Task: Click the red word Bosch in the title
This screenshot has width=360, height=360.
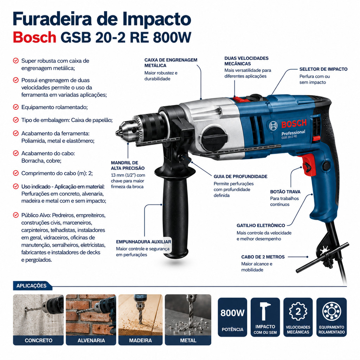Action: (x=35, y=37)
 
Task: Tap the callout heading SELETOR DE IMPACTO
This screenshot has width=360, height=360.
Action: (x=323, y=69)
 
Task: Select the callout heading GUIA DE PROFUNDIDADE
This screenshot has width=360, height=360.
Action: (x=240, y=176)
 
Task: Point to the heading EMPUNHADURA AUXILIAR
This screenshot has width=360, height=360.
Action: (x=143, y=242)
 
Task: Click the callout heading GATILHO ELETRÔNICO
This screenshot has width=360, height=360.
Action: (x=261, y=225)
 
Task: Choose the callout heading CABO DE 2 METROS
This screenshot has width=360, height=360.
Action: (x=263, y=257)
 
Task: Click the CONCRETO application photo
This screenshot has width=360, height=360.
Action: (x=38, y=315)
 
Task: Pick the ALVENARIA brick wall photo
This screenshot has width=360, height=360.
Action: (x=91, y=315)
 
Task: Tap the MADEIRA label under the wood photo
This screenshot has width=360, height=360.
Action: (x=140, y=340)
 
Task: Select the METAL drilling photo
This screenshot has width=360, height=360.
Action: (x=188, y=315)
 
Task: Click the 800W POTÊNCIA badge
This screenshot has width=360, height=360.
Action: (x=232, y=317)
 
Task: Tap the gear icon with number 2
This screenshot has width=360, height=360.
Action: (x=298, y=311)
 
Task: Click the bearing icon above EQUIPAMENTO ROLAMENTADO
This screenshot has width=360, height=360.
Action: (x=331, y=311)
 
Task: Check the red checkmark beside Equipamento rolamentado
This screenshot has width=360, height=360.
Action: (x=16, y=107)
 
